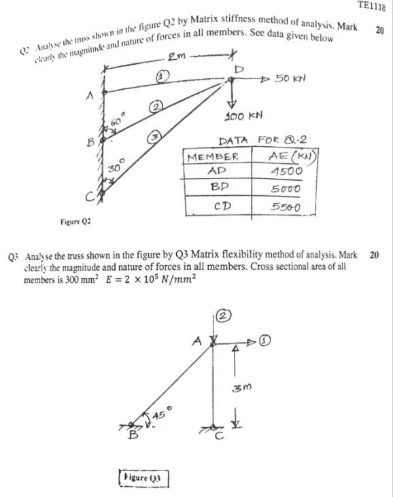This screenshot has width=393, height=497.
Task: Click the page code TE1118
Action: coord(371,6)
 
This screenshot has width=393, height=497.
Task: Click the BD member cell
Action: coord(213,188)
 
